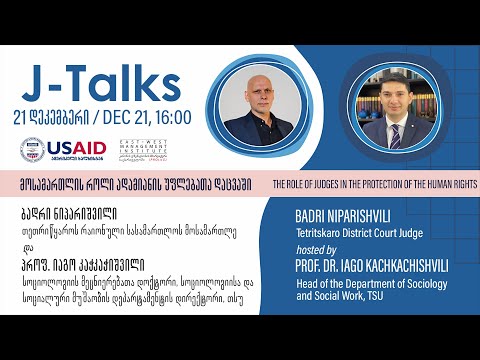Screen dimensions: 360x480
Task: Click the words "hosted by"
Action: (x=319, y=245)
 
